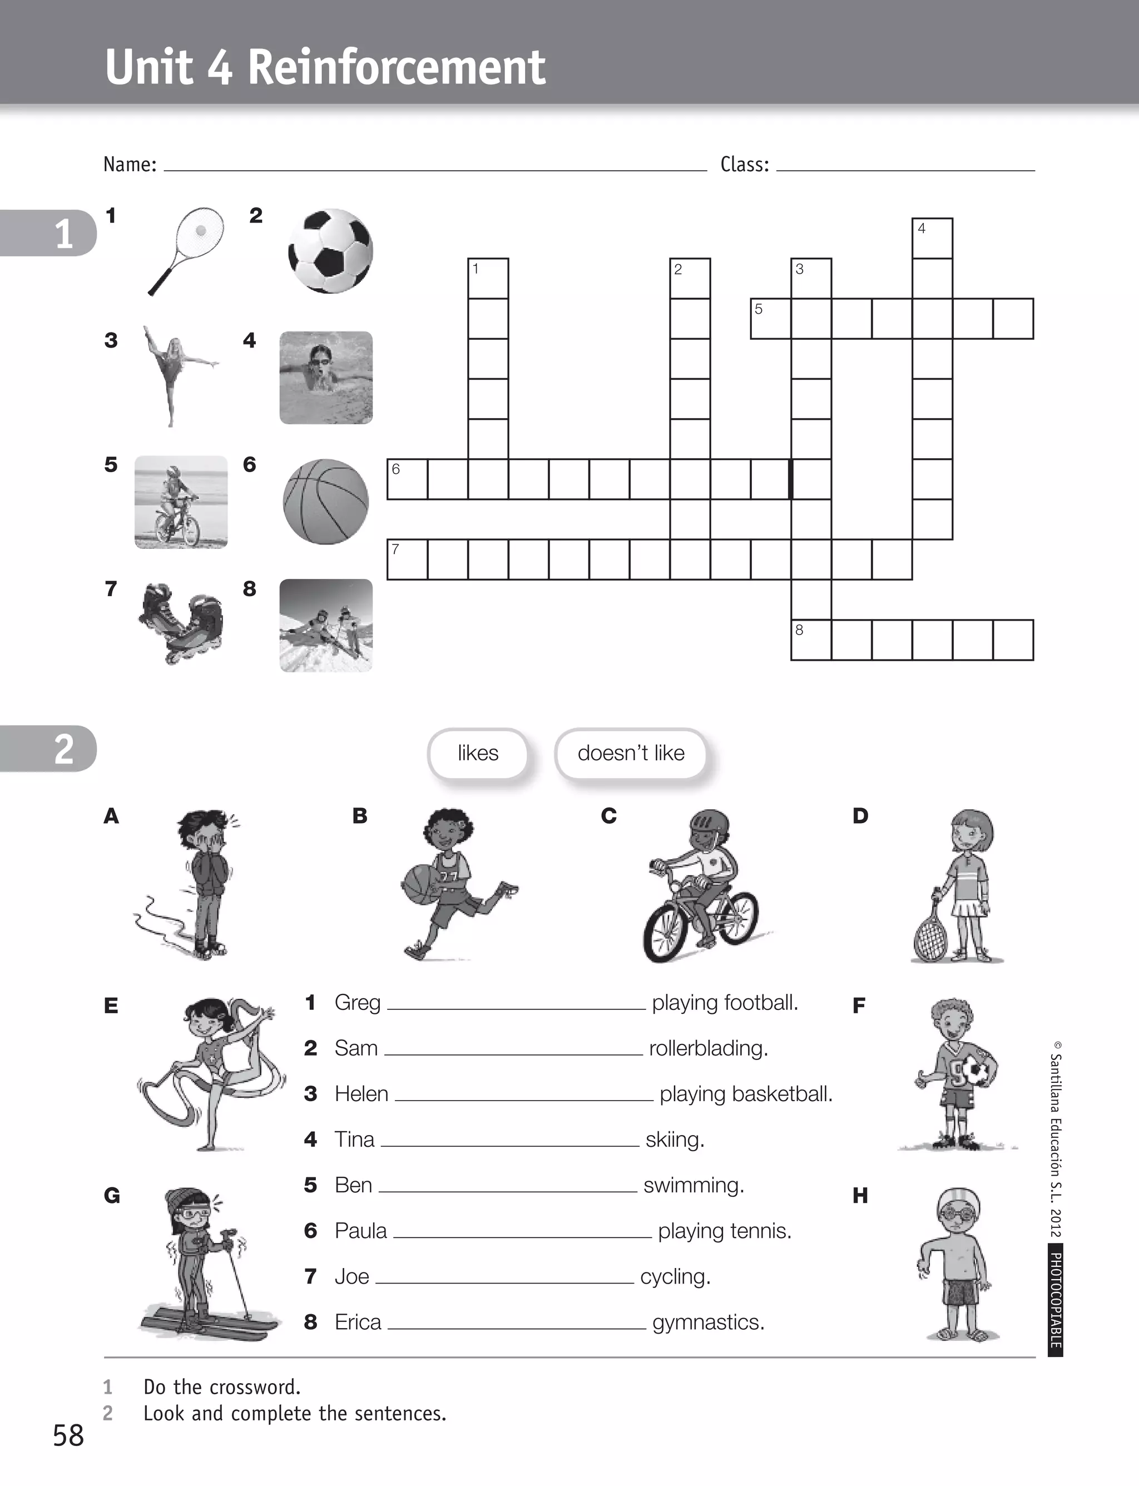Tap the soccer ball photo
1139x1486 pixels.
point(330,251)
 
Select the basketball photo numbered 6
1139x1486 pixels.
point(325,502)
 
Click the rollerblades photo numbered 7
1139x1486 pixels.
point(182,623)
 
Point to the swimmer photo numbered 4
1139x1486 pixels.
point(326,378)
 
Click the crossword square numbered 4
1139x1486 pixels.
point(932,238)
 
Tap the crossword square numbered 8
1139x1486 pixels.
point(811,639)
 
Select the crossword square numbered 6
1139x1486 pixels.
point(407,479)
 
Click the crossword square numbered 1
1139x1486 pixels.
point(487,278)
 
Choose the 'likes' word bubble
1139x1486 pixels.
point(478,753)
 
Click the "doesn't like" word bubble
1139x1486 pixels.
point(631,753)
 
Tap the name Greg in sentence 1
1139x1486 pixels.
point(357,1003)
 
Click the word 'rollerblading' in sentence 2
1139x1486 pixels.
point(708,1048)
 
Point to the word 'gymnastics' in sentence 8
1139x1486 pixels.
point(708,1322)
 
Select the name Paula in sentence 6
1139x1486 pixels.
point(361,1230)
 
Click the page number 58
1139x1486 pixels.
point(68,1436)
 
